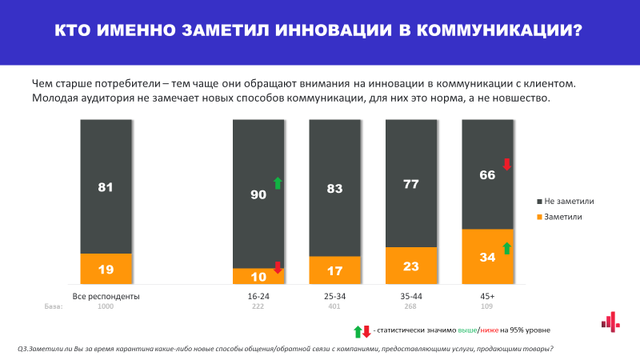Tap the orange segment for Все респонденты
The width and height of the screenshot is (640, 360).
coord(106,268)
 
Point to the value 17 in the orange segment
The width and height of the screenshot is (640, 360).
coord(335,270)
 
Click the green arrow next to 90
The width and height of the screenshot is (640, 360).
coord(278,183)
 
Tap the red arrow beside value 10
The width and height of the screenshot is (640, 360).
coord(278,268)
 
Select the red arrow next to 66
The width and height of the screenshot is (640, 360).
coord(506,164)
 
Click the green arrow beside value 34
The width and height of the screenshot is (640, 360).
coord(506,248)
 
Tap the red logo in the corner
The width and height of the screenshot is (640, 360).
coord(610,322)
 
